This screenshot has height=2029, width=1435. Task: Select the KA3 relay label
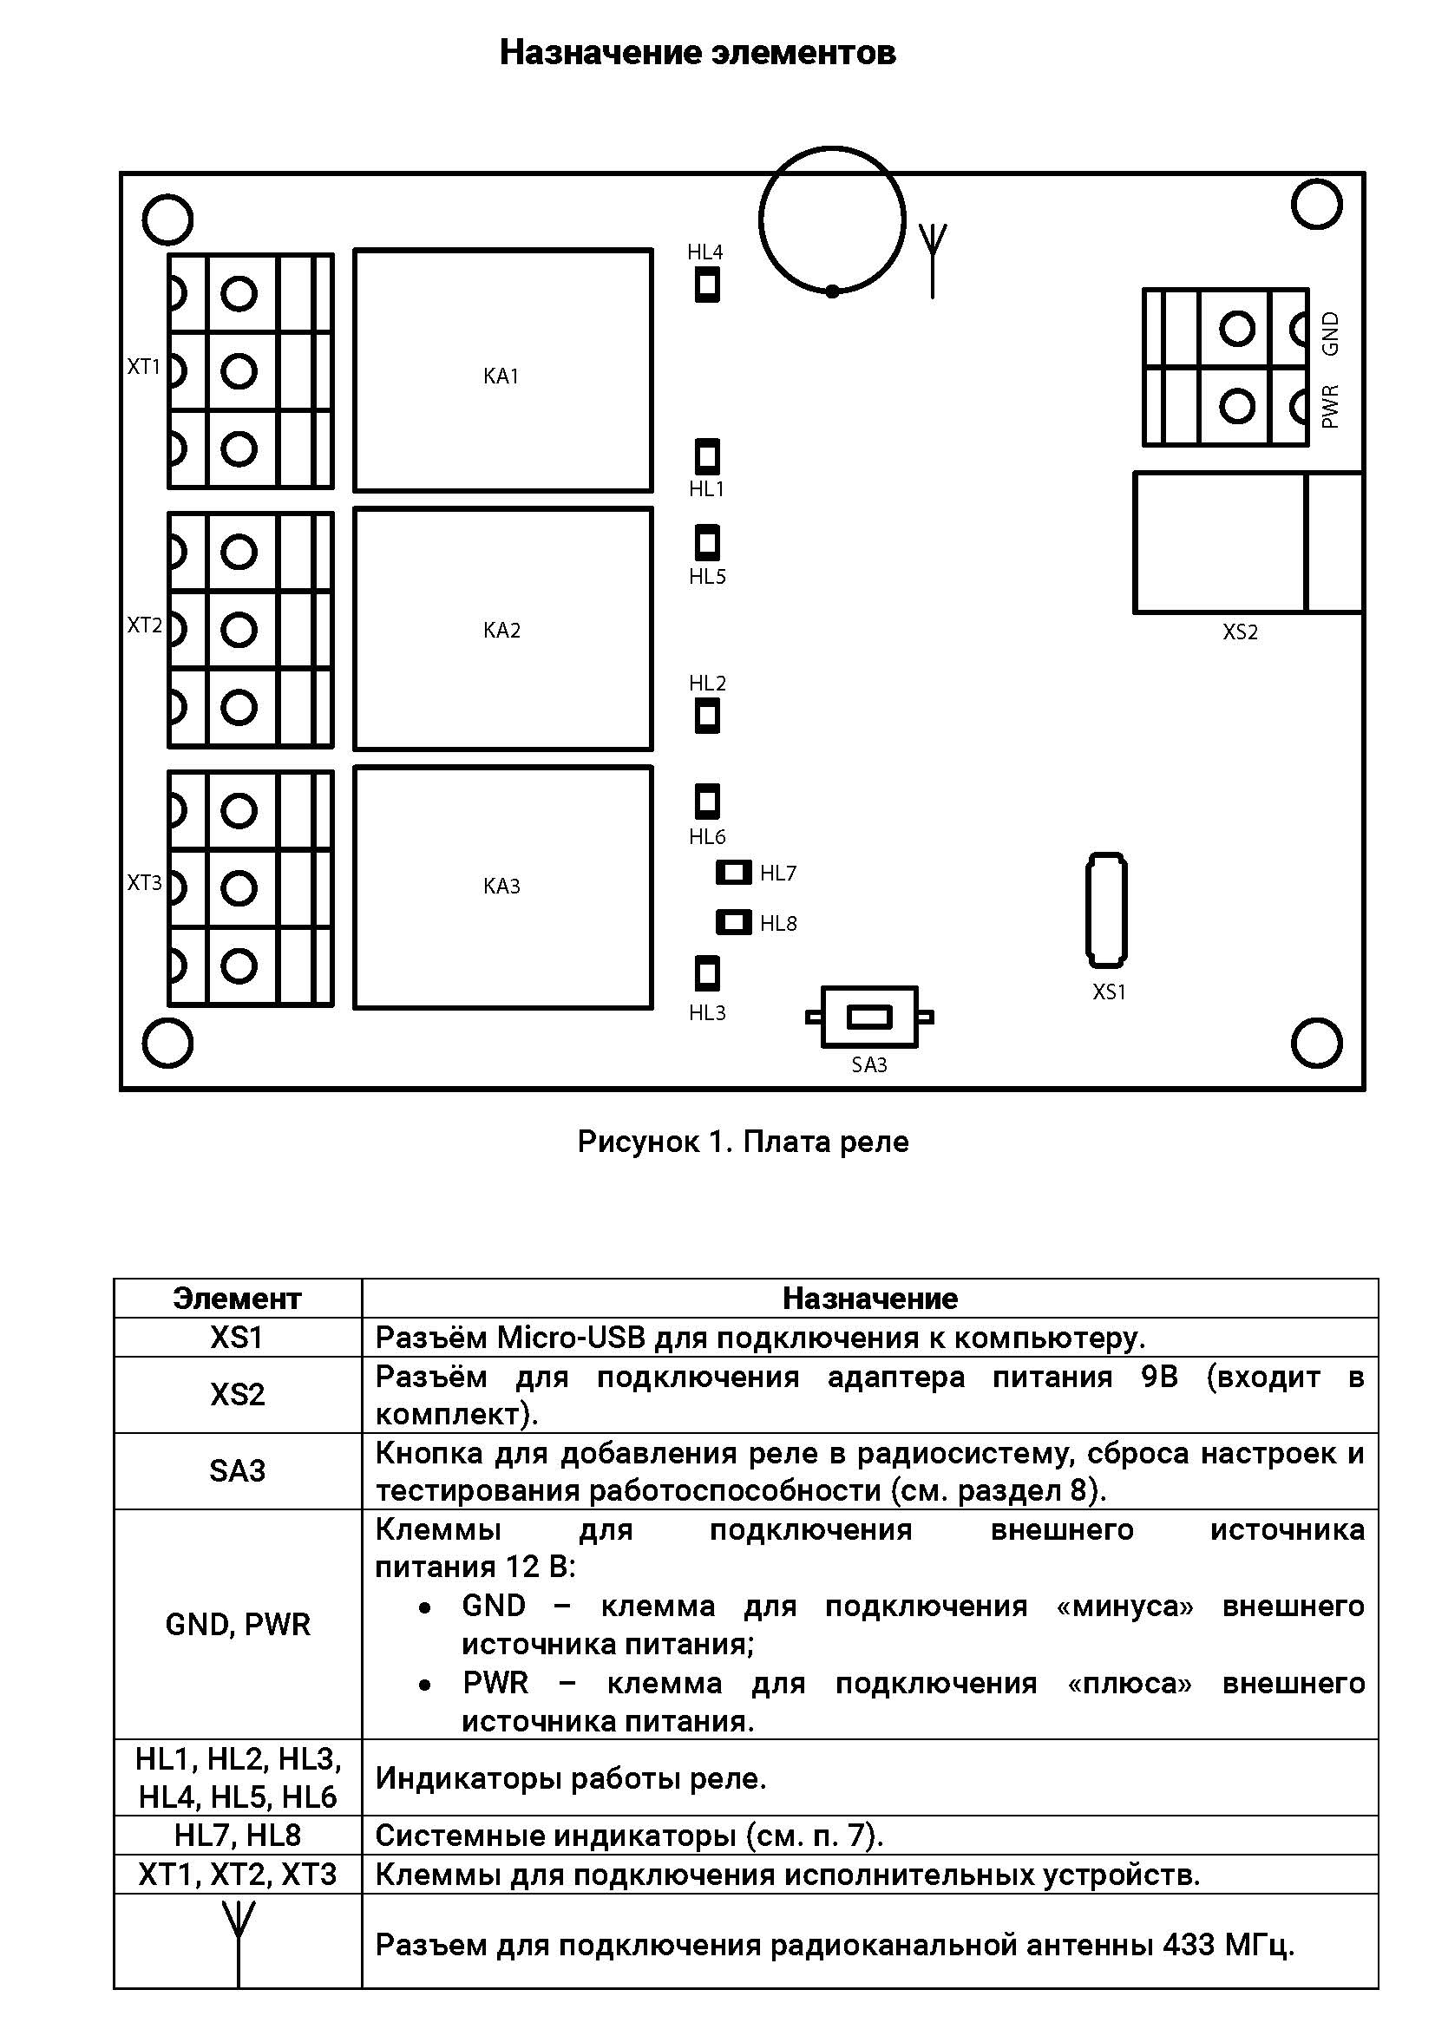click(501, 886)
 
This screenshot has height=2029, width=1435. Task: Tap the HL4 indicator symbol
click(707, 285)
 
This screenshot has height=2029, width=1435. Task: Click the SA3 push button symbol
click(869, 1018)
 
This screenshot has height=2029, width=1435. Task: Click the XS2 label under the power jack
click(1240, 632)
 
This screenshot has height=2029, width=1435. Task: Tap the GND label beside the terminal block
click(1330, 333)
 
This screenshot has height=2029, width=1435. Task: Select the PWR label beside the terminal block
click(1330, 407)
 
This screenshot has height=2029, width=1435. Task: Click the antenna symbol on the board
click(932, 261)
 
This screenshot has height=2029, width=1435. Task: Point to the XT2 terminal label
click(145, 625)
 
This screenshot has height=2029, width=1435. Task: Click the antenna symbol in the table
click(238, 1944)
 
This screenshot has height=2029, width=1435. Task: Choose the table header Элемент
click(237, 1299)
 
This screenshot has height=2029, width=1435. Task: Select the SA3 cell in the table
click(237, 1470)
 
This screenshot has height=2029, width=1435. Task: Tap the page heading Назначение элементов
click(698, 53)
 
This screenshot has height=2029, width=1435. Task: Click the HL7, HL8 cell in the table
click(238, 1836)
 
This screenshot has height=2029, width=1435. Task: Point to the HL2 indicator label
click(707, 683)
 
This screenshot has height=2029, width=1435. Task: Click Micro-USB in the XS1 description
click(571, 1337)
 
